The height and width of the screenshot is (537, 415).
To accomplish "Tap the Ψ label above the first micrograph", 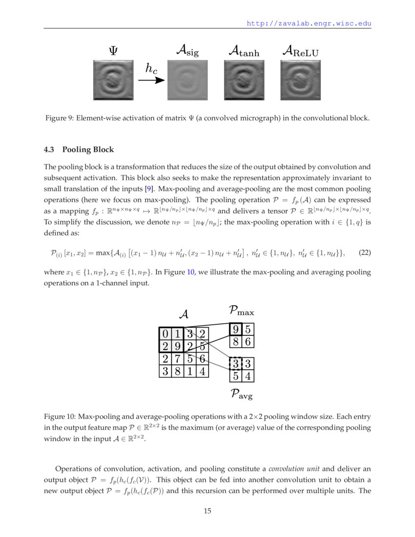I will pos(113,50).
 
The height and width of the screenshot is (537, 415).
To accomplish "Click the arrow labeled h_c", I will pos(152,79).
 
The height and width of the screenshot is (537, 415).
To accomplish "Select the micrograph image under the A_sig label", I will pos(187,80).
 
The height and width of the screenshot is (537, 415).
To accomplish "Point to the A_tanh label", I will pos(244,50).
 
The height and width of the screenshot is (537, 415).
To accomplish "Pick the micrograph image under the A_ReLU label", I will pos(300,80).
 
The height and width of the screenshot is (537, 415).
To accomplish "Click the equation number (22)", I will pos(365,253).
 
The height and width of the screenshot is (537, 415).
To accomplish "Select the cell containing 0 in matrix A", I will pos(165,334).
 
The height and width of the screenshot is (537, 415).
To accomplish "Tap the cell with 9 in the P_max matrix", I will pos(236,330).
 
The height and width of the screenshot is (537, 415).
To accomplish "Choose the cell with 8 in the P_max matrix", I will pos(236,342).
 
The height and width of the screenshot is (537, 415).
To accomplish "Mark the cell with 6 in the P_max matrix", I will pos(248,342).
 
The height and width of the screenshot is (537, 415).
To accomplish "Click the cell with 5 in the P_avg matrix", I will pos(236,376).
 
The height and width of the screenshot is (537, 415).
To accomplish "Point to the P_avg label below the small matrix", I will pos(242,393).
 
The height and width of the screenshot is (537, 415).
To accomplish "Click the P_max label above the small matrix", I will pos(241,310).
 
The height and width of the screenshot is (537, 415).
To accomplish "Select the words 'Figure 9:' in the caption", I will pos(60,118).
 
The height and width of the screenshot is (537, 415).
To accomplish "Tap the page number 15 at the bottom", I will pos(207,511).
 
